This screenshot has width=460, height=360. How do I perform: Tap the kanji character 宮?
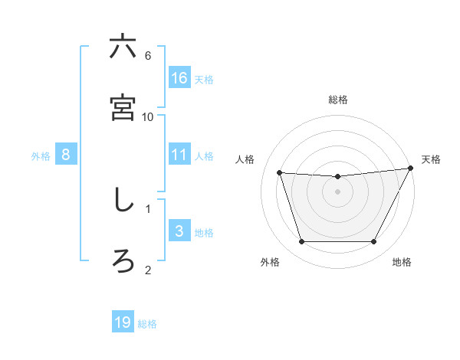[x=123, y=108]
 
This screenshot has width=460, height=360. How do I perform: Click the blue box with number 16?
[x=179, y=78]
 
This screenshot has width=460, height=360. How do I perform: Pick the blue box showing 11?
[x=179, y=154]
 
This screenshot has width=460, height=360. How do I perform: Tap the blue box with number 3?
[x=179, y=231]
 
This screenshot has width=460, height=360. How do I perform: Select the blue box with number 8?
[x=66, y=154]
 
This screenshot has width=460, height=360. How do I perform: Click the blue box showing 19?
[x=123, y=322]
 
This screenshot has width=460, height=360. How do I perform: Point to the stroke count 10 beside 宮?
[x=148, y=116]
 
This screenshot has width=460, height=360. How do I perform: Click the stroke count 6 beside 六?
[x=148, y=56]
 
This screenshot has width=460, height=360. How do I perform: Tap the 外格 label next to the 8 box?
[x=41, y=155]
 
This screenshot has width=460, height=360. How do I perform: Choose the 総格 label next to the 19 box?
[x=147, y=324]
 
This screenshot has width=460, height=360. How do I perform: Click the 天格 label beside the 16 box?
[x=204, y=80]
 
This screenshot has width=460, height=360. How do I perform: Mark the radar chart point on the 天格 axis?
[x=411, y=169]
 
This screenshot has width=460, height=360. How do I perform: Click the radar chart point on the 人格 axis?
[x=280, y=173]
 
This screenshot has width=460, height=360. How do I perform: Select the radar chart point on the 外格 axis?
[x=301, y=242]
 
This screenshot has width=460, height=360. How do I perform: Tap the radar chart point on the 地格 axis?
[x=374, y=242]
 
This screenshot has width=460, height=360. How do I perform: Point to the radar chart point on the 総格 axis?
[x=337, y=177]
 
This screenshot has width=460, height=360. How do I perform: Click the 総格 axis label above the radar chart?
[x=337, y=100]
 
